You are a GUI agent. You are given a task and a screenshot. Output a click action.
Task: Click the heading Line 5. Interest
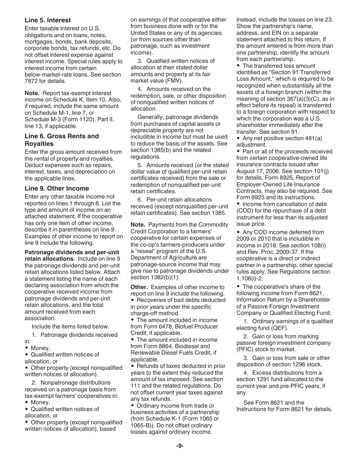(x=48, y=20)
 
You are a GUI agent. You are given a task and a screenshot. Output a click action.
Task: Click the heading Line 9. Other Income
(x=57, y=188)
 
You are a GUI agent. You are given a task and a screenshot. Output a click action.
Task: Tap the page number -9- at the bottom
(x=180, y=446)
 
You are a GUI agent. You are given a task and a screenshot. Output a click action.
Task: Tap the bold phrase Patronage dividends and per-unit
(x=72, y=252)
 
